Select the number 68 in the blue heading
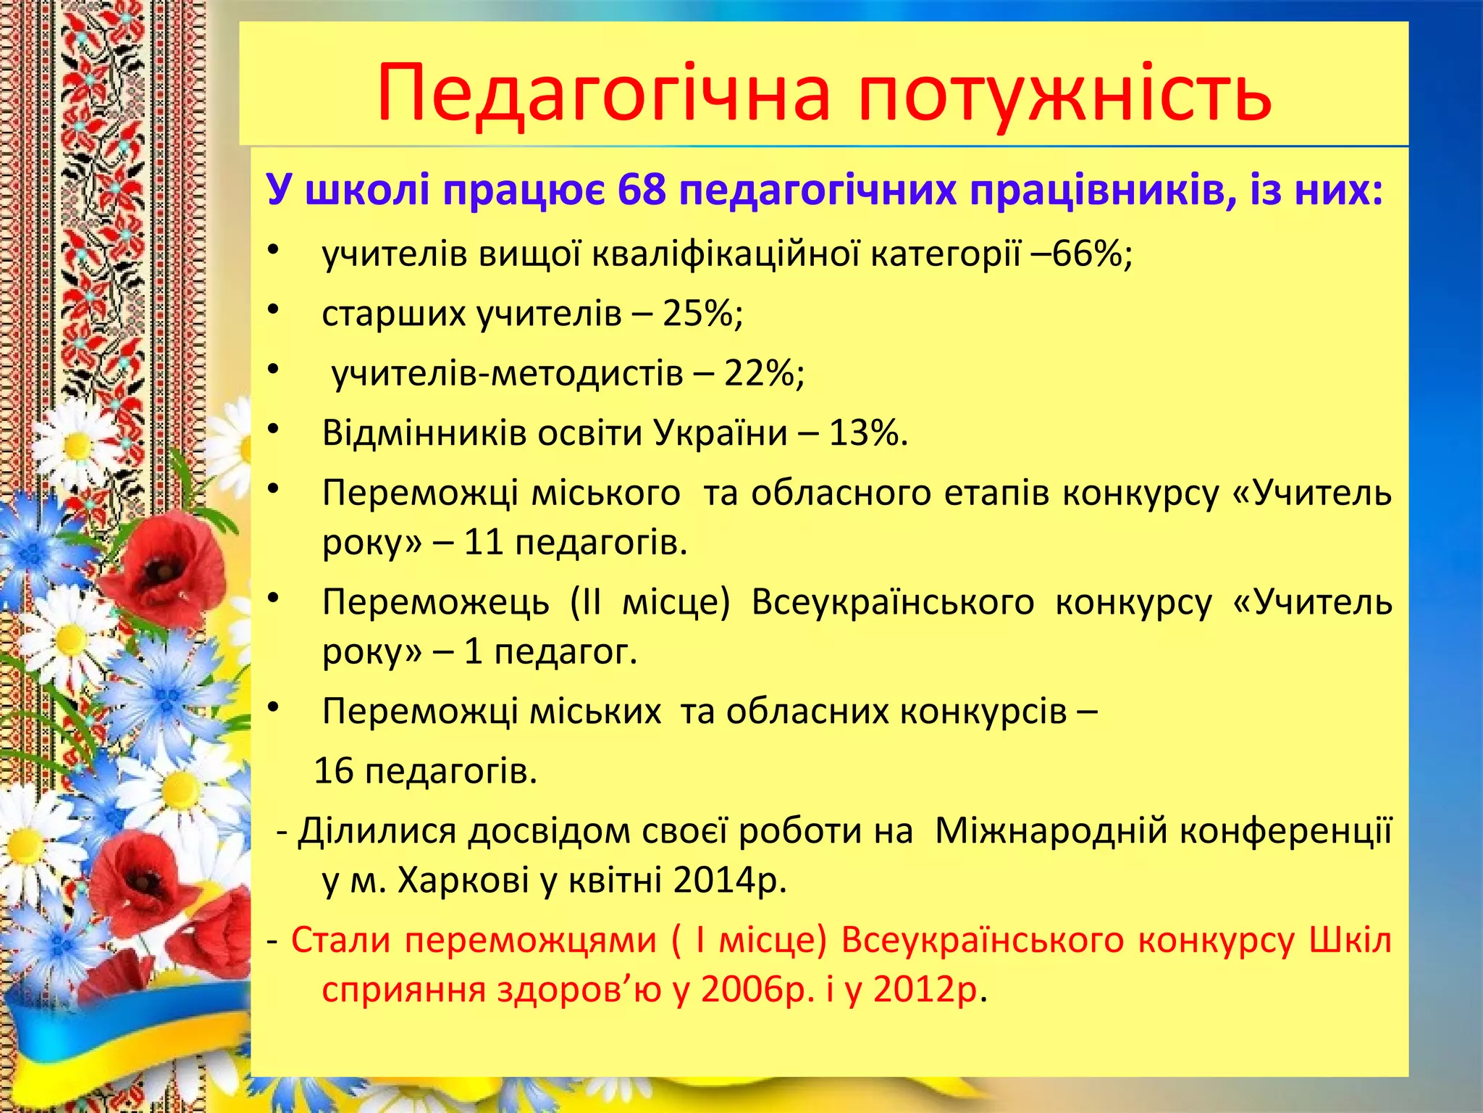642,191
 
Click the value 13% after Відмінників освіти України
866,433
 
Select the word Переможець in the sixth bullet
435,602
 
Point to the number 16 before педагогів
334,771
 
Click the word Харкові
463,880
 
